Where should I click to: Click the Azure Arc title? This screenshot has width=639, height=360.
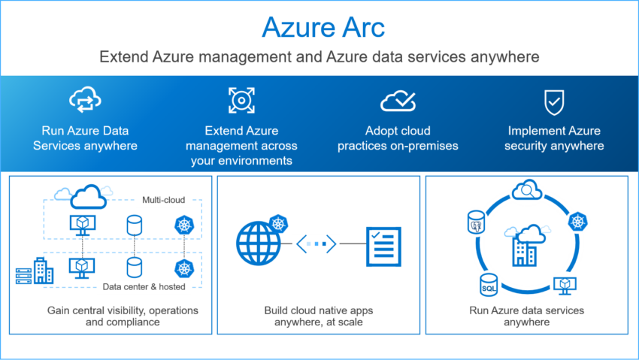click(x=323, y=27)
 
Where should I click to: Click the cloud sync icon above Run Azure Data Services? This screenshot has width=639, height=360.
click(x=85, y=99)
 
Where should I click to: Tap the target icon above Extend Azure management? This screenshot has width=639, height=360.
click(x=241, y=100)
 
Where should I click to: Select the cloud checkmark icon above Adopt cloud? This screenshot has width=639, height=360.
click(x=398, y=100)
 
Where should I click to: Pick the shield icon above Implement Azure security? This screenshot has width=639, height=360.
click(x=554, y=100)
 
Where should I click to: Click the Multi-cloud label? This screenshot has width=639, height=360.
click(x=163, y=201)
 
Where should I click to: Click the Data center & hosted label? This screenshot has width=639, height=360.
click(x=144, y=286)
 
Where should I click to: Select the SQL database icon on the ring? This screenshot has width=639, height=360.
click(x=487, y=286)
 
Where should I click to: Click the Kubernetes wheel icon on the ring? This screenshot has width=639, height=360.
click(x=577, y=222)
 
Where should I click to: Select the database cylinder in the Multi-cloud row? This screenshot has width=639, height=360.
click(x=134, y=225)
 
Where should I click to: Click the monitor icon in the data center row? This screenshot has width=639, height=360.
click(x=80, y=266)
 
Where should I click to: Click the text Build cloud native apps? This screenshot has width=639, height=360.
click(x=319, y=310)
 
